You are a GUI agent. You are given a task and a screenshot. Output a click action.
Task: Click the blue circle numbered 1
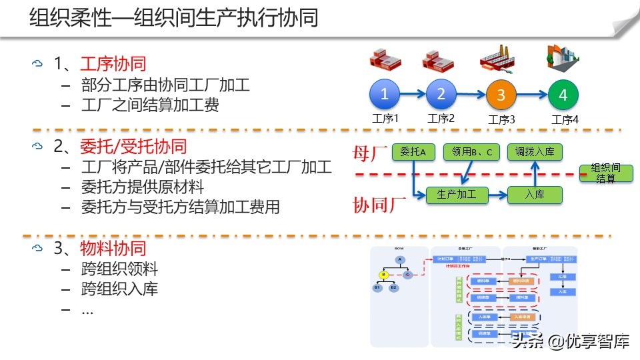(x=385, y=95)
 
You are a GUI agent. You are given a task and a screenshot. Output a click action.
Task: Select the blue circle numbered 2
(x=441, y=95)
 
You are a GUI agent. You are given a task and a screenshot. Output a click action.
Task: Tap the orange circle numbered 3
(x=501, y=96)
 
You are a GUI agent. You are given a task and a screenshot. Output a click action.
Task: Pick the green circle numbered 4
(x=563, y=96)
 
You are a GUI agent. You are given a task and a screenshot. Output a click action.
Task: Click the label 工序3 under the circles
(x=502, y=120)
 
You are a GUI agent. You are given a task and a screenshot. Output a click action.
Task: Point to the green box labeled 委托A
(x=413, y=152)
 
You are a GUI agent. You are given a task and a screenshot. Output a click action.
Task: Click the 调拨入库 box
(x=535, y=152)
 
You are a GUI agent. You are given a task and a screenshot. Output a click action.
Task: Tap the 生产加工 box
(x=457, y=195)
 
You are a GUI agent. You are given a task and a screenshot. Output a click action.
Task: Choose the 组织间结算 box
(x=605, y=173)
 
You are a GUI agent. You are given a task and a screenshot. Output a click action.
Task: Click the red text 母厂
(x=370, y=153)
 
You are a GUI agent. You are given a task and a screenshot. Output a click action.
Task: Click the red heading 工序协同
(x=113, y=64)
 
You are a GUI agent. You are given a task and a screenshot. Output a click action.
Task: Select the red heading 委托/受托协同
(x=133, y=146)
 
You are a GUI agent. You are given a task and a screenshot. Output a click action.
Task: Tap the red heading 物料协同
(x=113, y=249)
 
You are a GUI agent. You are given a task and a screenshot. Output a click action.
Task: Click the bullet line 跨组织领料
(x=119, y=269)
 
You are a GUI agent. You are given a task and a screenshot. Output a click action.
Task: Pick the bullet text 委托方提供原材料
(x=142, y=187)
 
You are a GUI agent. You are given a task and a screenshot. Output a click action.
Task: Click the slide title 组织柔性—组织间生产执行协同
(x=173, y=17)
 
